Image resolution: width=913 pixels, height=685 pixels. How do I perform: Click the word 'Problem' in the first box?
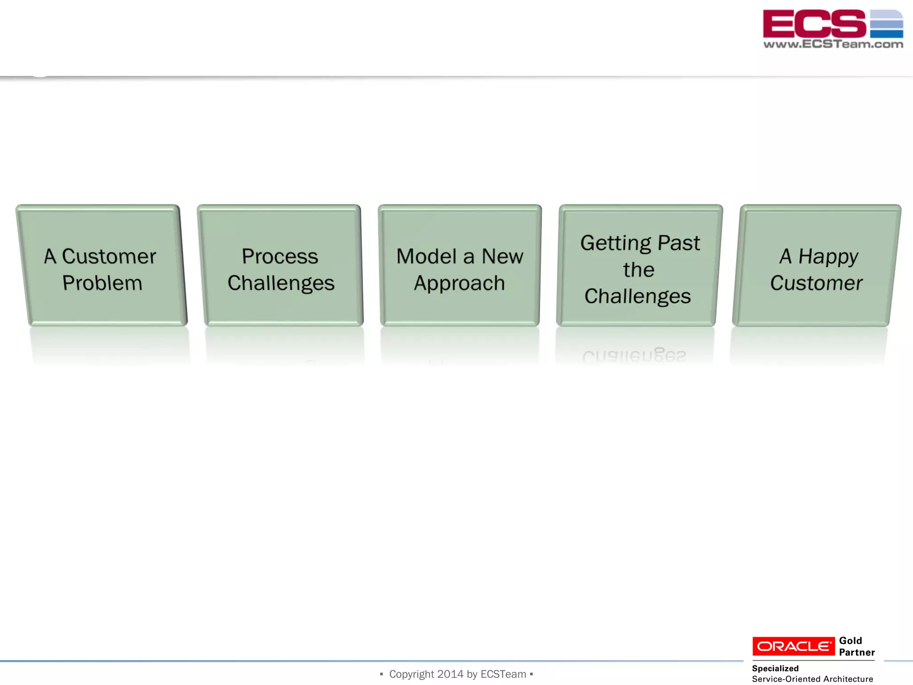(x=102, y=283)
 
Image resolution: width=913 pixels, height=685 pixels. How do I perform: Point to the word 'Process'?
(x=280, y=256)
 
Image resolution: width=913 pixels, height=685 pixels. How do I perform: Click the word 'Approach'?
(x=459, y=284)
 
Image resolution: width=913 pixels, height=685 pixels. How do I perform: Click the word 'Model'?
(x=426, y=256)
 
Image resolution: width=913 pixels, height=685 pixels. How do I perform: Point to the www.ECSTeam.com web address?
(x=833, y=44)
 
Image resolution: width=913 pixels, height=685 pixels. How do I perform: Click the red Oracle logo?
(x=794, y=646)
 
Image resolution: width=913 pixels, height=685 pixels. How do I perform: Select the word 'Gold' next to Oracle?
(x=850, y=641)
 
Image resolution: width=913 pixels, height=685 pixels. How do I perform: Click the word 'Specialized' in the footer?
(x=775, y=668)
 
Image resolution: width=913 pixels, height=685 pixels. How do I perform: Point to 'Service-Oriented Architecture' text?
(x=812, y=679)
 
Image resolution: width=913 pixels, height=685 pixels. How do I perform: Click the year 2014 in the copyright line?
(x=450, y=674)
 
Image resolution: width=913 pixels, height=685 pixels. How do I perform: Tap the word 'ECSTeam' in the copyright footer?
(x=503, y=674)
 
